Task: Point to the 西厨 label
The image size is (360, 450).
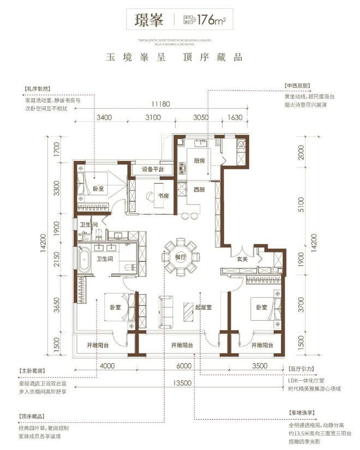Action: click(x=199, y=190)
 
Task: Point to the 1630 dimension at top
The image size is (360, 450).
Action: click(x=233, y=117)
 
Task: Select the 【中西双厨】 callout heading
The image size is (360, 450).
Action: click(x=298, y=86)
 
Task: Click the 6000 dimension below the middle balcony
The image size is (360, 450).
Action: click(x=181, y=366)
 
